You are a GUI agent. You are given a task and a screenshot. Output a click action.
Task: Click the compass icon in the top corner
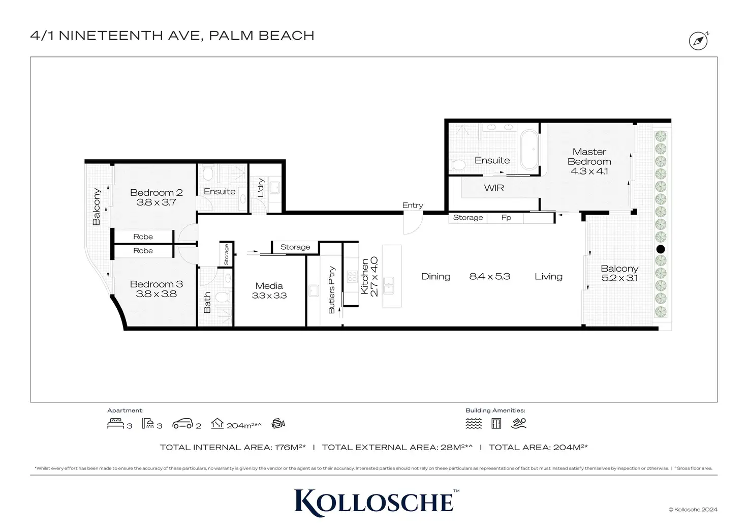[x=698, y=41]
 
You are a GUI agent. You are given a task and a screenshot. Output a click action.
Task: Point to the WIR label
[x=494, y=188]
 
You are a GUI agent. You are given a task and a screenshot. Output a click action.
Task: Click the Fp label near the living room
[x=506, y=218]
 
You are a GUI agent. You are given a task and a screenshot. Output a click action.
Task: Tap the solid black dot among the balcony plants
[x=661, y=249]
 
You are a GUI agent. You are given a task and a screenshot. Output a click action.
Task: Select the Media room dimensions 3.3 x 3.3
[x=269, y=296]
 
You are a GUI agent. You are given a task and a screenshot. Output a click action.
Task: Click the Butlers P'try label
[x=332, y=290]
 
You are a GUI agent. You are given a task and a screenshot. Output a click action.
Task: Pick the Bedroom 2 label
[x=157, y=192]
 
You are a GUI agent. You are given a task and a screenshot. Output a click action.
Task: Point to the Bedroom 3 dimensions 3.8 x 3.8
[x=157, y=293]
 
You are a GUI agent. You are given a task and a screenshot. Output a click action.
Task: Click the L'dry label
[x=261, y=188]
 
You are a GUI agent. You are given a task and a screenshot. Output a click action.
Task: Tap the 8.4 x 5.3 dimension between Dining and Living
[x=489, y=276]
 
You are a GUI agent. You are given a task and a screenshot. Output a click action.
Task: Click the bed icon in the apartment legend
[x=115, y=423]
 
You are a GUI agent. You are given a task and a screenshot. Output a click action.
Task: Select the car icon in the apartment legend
[x=182, y=423]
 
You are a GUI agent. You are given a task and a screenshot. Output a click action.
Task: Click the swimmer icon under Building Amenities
[x=519, y=423]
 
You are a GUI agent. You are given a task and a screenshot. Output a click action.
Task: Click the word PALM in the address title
[x=231, y=36]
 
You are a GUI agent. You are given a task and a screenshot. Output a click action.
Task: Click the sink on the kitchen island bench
[x=388, y=285]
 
